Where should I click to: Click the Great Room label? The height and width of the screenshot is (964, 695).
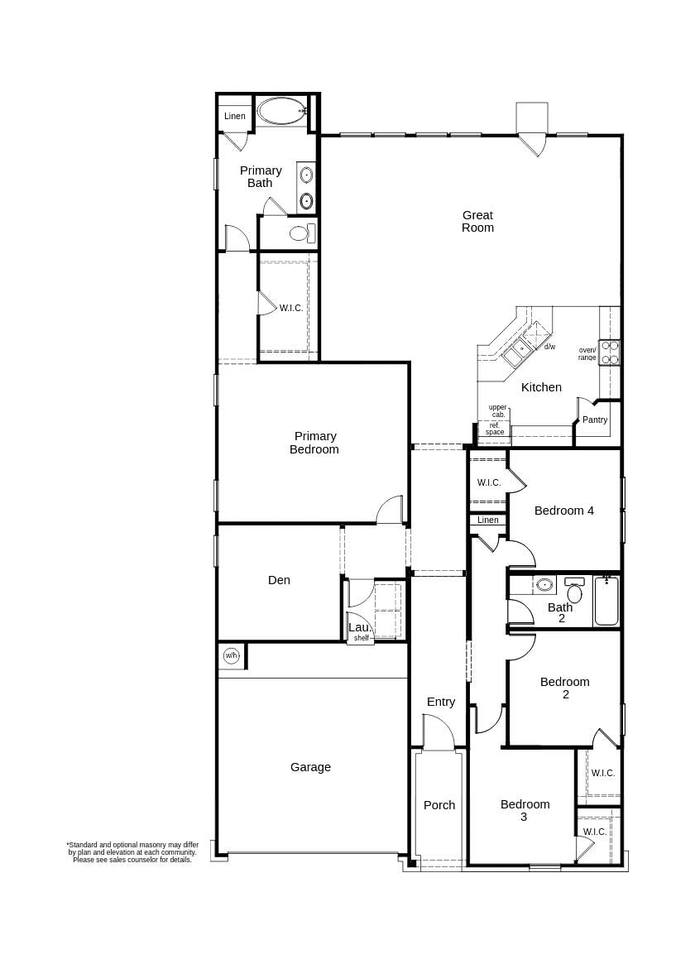(477, 222)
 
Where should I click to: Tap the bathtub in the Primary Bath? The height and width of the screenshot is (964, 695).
(281, 111)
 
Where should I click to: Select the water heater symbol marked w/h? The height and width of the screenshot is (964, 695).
(231, 655)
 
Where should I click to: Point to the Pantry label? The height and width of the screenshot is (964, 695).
(594, 420)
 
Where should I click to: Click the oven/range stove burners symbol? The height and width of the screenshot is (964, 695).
(609, 353)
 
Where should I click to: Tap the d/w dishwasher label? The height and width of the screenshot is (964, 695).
(549, 347)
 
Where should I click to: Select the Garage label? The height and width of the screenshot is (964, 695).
(310, 767)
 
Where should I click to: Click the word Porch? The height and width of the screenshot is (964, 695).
(439, 805)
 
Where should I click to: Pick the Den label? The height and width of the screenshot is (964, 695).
(279, 580)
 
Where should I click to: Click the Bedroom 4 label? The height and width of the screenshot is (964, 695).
(563, 511)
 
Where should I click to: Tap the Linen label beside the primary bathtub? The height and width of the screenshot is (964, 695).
(235, 117)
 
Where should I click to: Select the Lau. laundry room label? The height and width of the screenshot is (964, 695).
(359, 628)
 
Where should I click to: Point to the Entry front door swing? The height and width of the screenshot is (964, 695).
(439, 733)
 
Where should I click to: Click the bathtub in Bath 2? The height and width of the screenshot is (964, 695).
(606, 602)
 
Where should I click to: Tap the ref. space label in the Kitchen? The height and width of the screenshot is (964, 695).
(495, 429)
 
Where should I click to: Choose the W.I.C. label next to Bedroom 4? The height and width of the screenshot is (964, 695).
(488, 482)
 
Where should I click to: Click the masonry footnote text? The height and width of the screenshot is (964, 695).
(132, 852)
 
